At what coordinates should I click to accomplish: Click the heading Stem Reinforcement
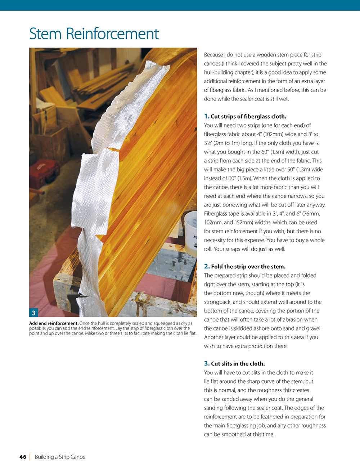(94, 34)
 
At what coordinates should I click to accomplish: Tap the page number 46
(23, 457)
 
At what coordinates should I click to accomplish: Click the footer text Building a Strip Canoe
(60, 457)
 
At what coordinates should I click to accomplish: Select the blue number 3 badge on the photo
(33, 313)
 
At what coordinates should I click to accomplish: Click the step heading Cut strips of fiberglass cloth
(248, 116)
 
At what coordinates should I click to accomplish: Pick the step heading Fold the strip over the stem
(248, 266)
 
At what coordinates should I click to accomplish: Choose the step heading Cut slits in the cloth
(238, 363)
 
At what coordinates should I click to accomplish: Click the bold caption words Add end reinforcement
(54, 323)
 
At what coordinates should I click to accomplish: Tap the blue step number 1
(206, 116)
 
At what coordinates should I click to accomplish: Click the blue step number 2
(207, 266)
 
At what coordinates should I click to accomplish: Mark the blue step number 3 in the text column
(207, 363)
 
